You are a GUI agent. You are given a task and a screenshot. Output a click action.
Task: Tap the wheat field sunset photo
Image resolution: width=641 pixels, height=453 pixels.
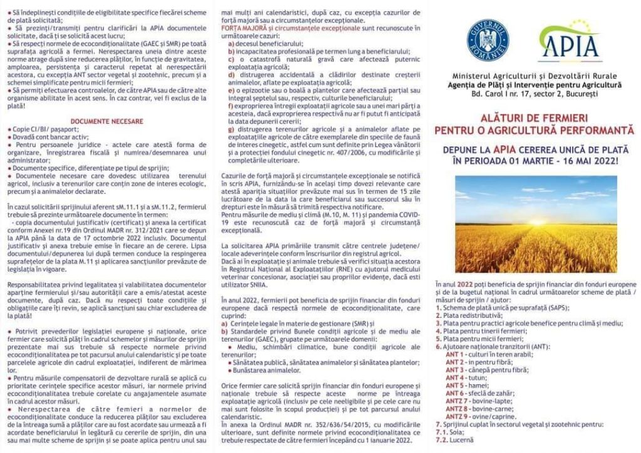pyautogui.click(x=535, y=223)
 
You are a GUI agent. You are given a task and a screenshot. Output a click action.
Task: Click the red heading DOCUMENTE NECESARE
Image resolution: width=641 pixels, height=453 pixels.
pyautogui.click(x=106, y=121)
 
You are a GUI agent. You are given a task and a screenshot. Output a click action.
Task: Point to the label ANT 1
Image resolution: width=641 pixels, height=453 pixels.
pyautogui.click(x=454, y=354)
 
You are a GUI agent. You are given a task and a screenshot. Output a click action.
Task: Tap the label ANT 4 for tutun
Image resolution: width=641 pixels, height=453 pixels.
pyautogui.click(x=454, y=377)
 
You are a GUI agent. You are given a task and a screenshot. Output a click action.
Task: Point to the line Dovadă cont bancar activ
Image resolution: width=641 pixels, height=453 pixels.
pyautogui.click(x=47, y=136)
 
